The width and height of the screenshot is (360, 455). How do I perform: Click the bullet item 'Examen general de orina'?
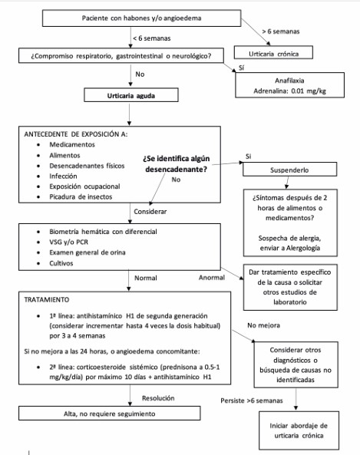[87, 251]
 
